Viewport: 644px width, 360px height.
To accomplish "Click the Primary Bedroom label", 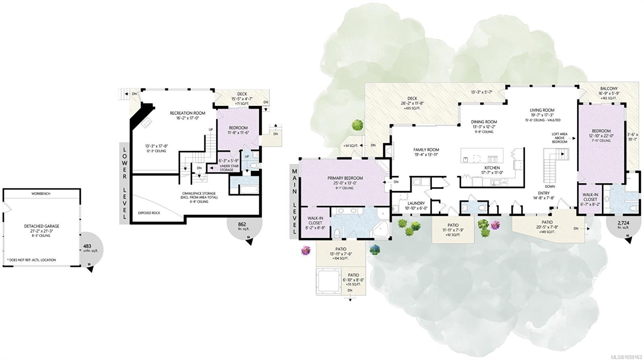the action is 345,178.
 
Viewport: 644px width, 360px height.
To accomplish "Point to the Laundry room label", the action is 416,203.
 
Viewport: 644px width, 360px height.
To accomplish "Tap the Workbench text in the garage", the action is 41,193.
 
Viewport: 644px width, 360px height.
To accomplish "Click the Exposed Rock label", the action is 149,213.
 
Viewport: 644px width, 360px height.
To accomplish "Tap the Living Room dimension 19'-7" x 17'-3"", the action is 542,115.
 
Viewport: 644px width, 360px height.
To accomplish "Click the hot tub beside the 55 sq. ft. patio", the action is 328,281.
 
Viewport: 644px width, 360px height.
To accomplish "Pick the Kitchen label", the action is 492,168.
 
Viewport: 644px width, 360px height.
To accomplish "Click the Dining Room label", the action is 484,122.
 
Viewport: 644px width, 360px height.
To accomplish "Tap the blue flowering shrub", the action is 375,250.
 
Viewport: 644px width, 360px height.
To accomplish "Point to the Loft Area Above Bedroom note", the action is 559,138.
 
